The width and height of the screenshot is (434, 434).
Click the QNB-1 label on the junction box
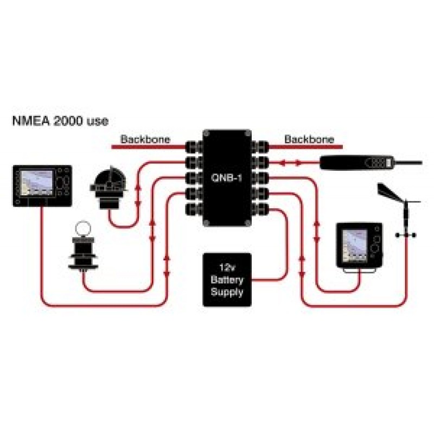tap(226, 178)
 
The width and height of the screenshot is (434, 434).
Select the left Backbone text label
tap(145, 139)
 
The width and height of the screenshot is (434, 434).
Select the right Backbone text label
tap(309, 139)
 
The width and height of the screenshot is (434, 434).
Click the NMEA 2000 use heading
tap(63, 120)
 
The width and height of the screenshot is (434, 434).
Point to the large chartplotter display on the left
tap(42, 186)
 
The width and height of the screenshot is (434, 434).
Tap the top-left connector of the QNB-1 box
tap(193, 147)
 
